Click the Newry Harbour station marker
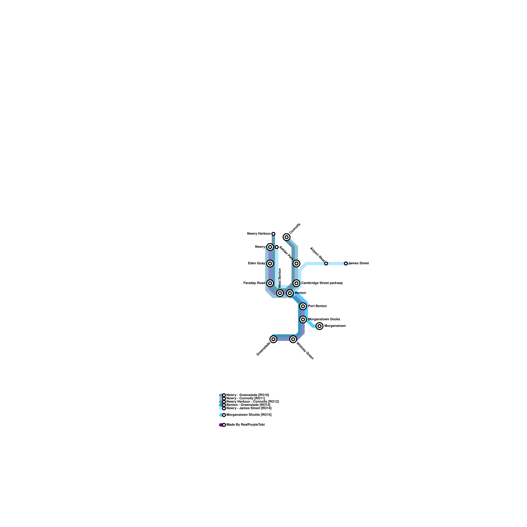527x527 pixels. click(273, 234)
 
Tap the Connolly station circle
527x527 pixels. click(287, 237)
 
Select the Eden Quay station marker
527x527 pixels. click(270, 263)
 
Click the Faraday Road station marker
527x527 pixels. click(270, 283)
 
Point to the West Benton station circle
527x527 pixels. click(280, 293)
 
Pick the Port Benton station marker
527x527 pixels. click(303, 306)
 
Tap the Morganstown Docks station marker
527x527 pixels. click(303, 319)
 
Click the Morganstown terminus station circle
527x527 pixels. click(319, 326)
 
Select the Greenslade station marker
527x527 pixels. click(273, 339)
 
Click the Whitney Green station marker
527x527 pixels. click(293, 339)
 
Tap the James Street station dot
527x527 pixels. click(346, 263)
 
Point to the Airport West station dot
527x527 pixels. click(326, 263)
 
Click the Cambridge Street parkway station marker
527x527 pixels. click(296, 283)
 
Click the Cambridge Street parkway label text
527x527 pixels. click(322, 283)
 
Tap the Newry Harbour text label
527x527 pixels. click(259, 234)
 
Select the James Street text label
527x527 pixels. click(358, 263)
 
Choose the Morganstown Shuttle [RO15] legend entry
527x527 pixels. click(249, 415)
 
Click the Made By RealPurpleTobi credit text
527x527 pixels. click(245, 425)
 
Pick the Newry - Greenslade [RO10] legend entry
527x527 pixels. click(247, 395)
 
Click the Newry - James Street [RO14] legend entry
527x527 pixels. click(249, 408)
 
